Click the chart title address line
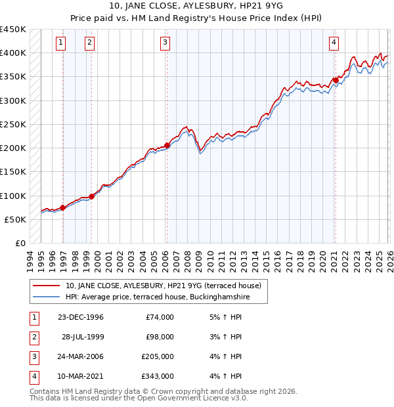click(x=196, y=8)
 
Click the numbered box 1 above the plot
click(x=60, y=43)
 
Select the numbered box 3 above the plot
click(x=164, y=43)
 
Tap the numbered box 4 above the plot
click(x=334, y=43)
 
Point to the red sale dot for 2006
click(x=167, y=146)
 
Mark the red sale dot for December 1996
click(x=63, y=207)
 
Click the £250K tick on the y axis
click(x=13, y=124)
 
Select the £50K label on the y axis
click(x=16, y=219)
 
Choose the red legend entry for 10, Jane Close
click(x=164, y=286)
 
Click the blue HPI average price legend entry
click(x=158, y=297)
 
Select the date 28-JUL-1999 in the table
click(x=83, y=337)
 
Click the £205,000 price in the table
click(x=158, y=356)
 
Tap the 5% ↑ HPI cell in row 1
click(x=223, y=317)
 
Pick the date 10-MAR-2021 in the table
click(x=81, y=376)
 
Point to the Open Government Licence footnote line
click(x=139, y=398)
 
